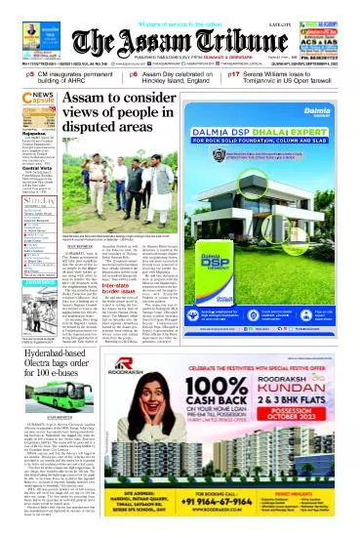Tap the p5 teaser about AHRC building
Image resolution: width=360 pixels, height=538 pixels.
click(x=59, y=75)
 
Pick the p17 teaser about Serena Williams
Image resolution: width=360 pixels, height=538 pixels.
click(x=293, y=75)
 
